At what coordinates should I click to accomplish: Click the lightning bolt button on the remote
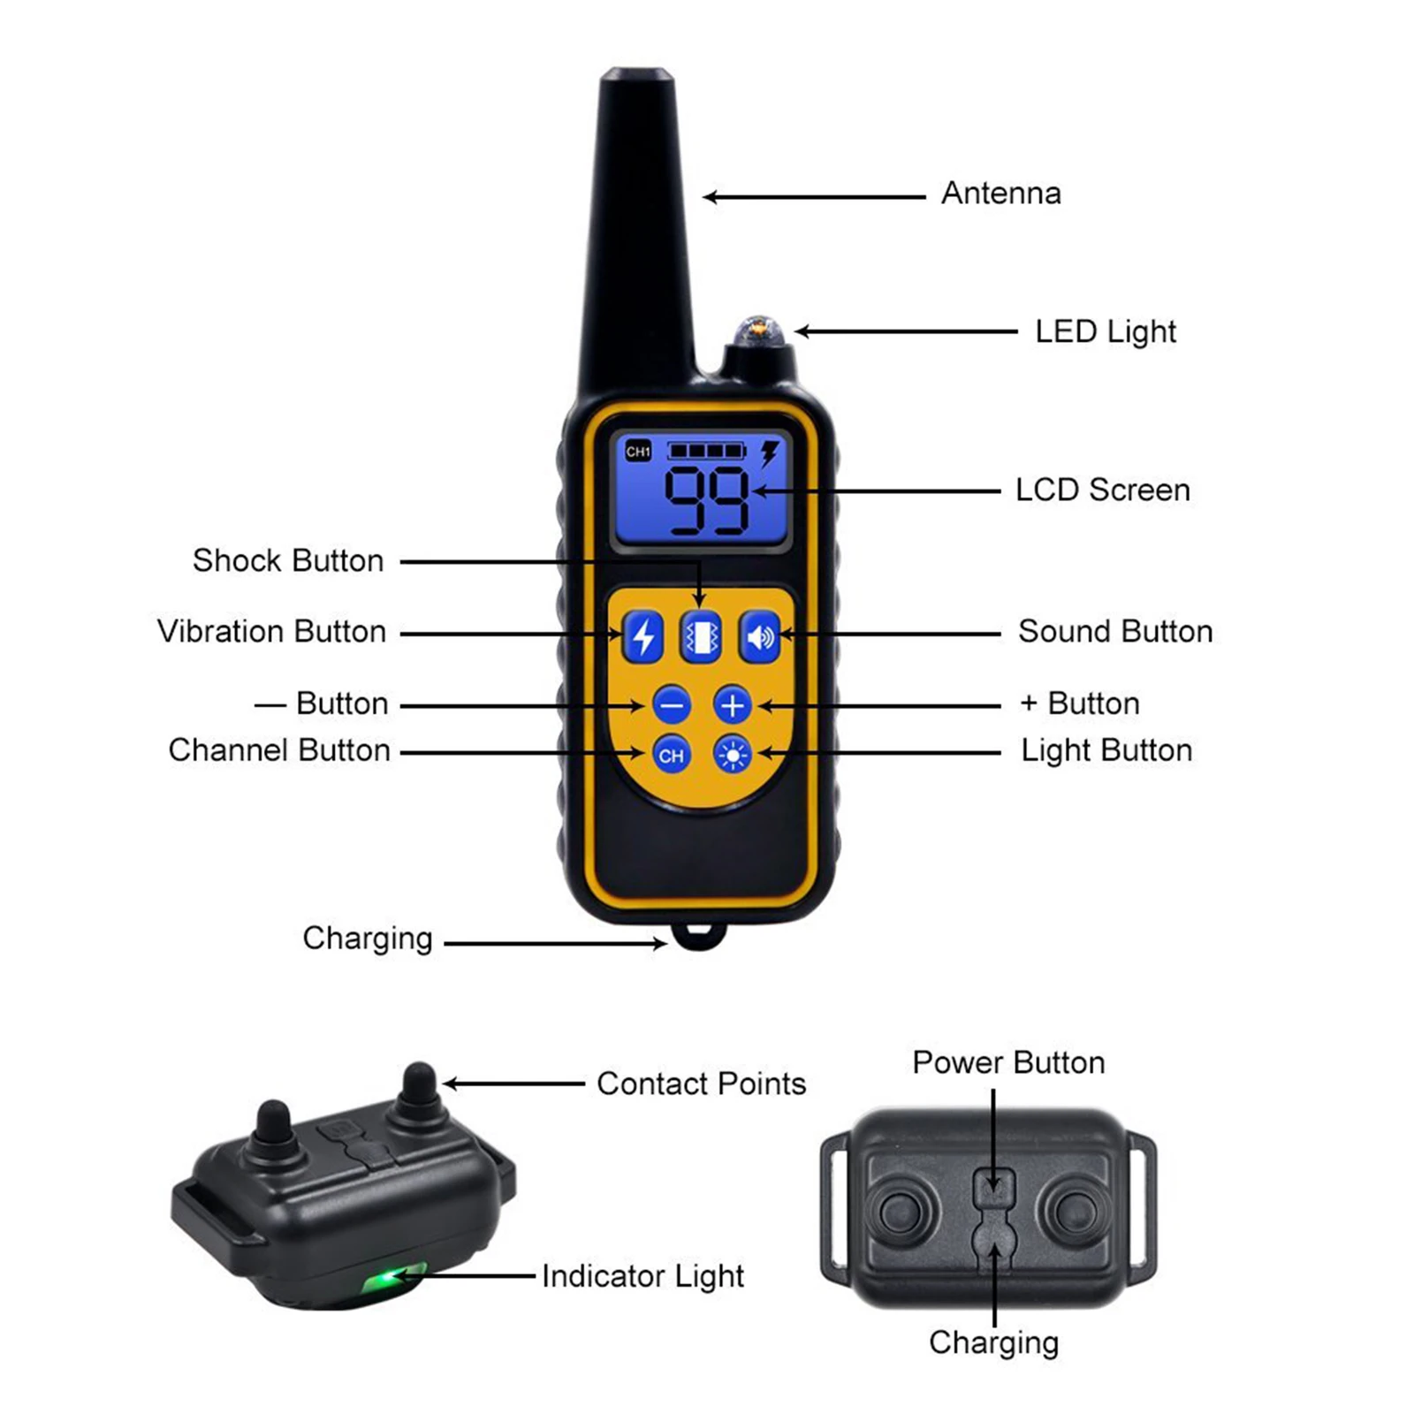point(643,635)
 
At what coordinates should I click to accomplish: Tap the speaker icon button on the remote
point(760,635)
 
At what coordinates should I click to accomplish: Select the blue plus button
point(733,705)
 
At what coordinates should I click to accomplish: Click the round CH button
point(671,755)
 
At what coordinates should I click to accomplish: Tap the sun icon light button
point(733,755)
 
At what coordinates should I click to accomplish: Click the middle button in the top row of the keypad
point(701,635)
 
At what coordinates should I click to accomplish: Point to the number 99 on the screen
point(707,500)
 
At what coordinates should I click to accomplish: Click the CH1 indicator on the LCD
point(638,452)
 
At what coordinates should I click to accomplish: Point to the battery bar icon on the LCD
point(706,452)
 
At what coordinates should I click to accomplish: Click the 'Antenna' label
point(1000,193)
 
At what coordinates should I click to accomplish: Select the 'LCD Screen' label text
point(1102,490)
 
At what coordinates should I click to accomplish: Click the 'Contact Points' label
point(701,1083)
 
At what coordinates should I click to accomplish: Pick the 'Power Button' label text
point(1008,1062)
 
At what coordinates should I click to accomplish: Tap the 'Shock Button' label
point(288,560)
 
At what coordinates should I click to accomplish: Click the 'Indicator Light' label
point(642,1276)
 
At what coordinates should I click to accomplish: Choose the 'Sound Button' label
point(1115,631)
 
